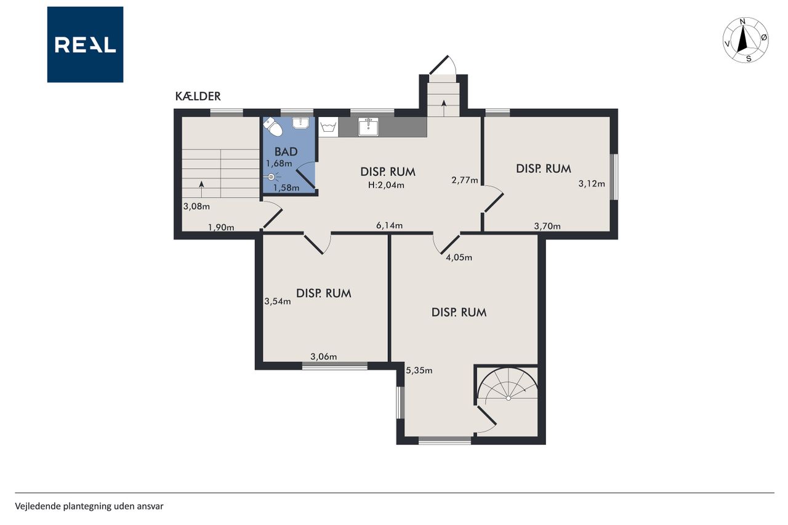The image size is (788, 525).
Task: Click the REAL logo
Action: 85,45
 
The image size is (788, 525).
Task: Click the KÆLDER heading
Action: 198,96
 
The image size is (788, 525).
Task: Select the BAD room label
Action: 286,151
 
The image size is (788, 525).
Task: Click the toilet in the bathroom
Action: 273,127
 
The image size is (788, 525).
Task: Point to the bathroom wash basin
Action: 300,122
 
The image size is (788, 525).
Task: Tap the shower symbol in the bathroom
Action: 272,177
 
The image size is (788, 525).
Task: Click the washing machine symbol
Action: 329,127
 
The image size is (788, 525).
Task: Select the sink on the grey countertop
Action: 368,127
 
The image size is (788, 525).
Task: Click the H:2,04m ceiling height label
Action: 386,185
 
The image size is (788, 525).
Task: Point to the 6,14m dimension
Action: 390,225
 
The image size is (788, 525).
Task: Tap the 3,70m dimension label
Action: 547,226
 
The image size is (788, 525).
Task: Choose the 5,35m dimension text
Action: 419,371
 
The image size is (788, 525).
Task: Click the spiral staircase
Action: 507,386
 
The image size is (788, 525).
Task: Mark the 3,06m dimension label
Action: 324,356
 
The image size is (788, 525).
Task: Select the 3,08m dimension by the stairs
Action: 196,206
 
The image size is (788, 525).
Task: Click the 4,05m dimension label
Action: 459,257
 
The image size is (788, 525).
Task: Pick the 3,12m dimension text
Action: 592,183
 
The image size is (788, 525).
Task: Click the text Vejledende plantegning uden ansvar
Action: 89,507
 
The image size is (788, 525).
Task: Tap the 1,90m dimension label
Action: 221,228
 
